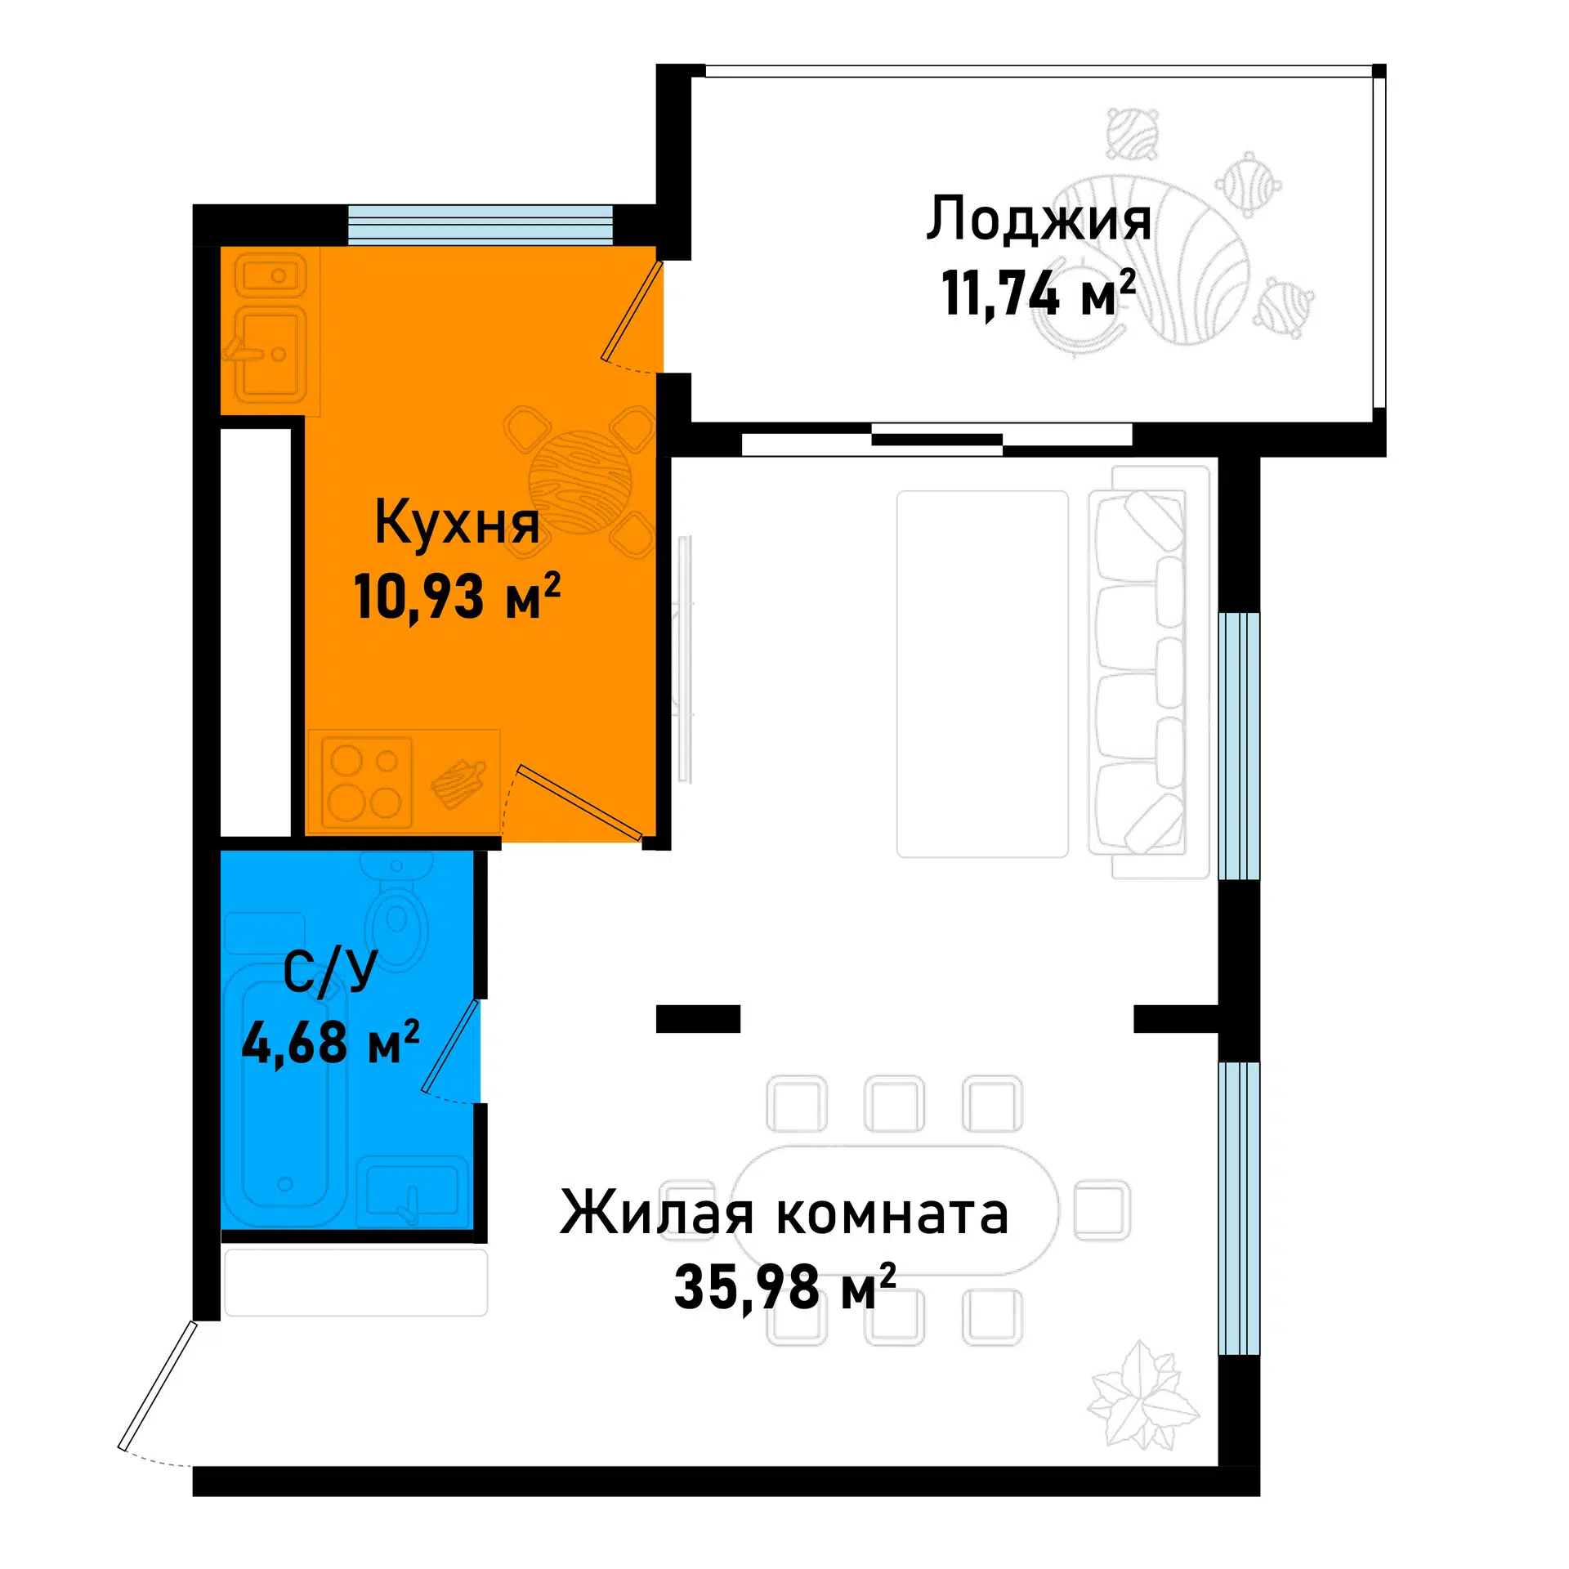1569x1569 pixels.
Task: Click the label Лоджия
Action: [x=1038, y=221]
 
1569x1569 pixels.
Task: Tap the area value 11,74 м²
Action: [x=1038, y=293]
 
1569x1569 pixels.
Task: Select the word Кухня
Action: [x=457, y=524]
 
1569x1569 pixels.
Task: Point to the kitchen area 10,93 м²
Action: [x=457, y=596]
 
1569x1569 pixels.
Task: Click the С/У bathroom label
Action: [x=330, y=972]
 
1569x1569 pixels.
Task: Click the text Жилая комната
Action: [x=784, y=1213]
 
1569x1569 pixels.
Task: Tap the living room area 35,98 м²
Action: [x=784, y=1285]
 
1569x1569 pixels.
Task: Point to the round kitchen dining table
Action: [x=580, y=483]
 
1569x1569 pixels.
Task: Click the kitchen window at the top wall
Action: [x=481, y=225]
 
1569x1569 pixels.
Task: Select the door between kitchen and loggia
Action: [x=631, y=311]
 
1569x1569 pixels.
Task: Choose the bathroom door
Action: [x=450, y=1046]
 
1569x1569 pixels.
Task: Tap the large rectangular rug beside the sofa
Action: [x=982, y=674]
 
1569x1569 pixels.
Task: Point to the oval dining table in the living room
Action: [x=895, y=1211]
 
